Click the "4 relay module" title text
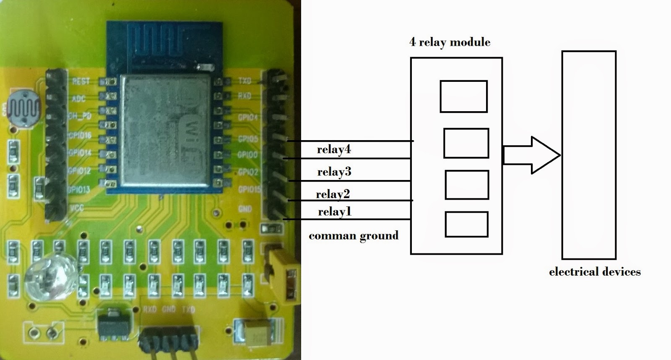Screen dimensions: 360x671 tap(450, 42)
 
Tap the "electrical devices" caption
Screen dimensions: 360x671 tap(595, 272)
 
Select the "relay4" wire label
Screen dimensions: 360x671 tap(334, 149)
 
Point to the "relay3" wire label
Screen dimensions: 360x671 tap(334, 172)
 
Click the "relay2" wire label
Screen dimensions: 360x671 tap(333, 194)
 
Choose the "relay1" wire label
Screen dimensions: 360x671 tap(334, 211)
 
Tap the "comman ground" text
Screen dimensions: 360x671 tap(354, 235)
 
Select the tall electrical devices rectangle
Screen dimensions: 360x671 tap(589, 155)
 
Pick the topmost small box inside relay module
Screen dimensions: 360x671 tap(463, 97)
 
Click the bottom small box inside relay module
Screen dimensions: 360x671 tap(466, 224)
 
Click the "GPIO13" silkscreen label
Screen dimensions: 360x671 tap(78, 189)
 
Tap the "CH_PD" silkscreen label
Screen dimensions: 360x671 tap(80, 116)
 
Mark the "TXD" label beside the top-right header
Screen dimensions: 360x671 tap(244, 81)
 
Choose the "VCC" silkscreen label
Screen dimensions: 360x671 tap(77, 208)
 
